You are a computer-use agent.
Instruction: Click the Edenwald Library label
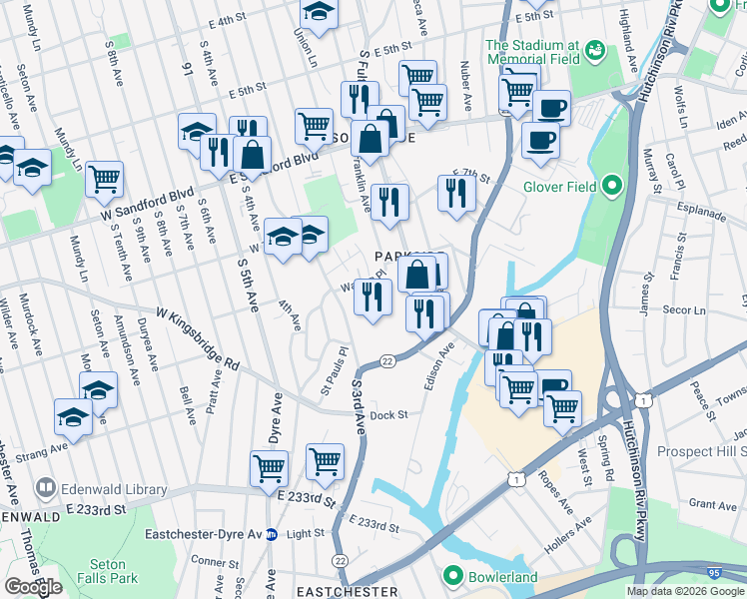coord(100,488)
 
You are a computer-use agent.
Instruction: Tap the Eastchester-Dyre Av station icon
coord(271,534)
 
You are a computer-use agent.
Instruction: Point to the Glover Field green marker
coord(613,186)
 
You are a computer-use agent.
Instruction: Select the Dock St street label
coord(389,414)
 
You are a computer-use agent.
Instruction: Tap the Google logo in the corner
coord(33,587)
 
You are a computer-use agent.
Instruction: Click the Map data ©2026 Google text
coord(685,591)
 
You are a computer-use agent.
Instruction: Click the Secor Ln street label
coord(686,310)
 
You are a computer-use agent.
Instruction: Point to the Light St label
coord(306,534)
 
